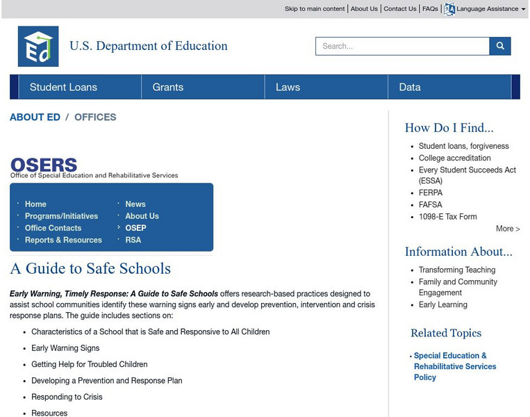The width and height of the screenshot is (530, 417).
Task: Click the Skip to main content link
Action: click(314, 9)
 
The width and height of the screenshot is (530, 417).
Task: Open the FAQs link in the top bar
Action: click(430, 9)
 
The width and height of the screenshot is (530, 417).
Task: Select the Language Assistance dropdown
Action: click(486, 9)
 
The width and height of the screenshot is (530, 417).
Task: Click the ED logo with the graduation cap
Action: click(38, 47)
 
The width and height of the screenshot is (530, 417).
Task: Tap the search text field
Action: click(402, 47)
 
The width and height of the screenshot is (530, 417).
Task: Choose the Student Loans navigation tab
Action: click(63, 87)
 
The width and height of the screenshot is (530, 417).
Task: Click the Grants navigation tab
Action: click(168, 87)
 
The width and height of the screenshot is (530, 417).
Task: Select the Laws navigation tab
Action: click(288, 87)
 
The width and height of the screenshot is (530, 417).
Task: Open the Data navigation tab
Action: click(410, 87)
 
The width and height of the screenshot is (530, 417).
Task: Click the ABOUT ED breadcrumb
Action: click(35, 117)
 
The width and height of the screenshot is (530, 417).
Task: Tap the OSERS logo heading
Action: click(44, 165)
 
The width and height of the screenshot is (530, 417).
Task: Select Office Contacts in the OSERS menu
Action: click(53, 228)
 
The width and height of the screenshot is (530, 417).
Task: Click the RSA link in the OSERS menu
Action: click(133, 240)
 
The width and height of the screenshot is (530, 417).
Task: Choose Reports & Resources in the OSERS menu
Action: click(63, 240)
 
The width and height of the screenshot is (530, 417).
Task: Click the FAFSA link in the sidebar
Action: click(431, 204)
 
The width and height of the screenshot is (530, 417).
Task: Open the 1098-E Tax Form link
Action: click(447, 216)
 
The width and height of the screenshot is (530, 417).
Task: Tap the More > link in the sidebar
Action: click(508, 229)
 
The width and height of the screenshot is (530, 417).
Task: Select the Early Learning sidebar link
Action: click(442, 304)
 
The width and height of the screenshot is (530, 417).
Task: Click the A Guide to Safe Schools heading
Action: click(90, 269)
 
